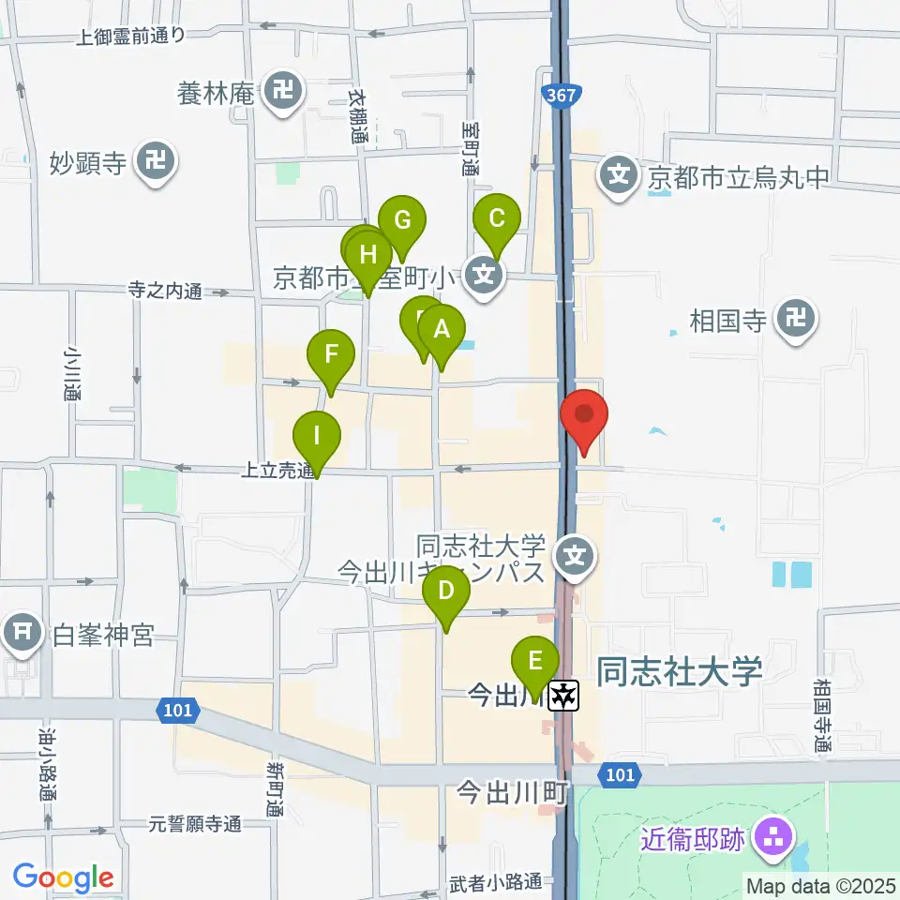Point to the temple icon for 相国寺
797,322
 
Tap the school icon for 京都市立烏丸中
619,174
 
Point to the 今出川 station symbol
564,695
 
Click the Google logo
63,877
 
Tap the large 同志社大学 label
681,671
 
